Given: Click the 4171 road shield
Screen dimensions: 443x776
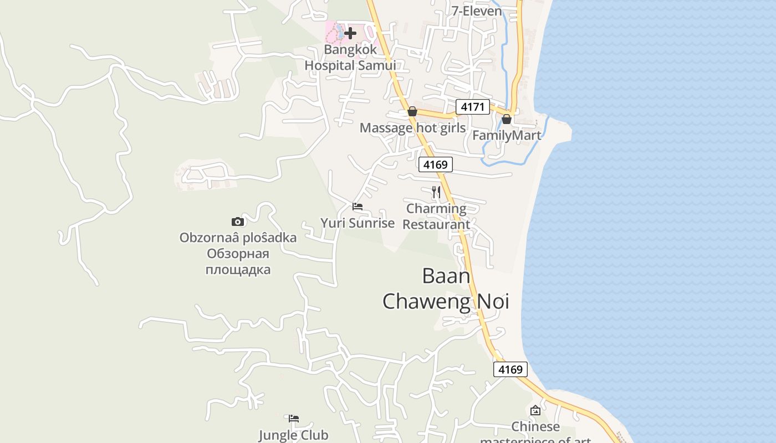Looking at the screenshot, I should click(x=473, y=106).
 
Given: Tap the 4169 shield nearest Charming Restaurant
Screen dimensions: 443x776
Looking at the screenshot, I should click(x=435, y=164).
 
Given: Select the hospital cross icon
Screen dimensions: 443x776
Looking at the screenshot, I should click(x=350, y=33).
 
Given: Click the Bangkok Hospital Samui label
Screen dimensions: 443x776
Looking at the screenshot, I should click(x=350, y=58).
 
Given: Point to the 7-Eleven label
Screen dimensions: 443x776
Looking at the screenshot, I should click(x=477, y=11).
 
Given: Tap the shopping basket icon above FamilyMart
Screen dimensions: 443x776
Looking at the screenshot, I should click(x=507, y=119).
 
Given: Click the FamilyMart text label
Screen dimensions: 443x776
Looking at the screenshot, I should click(x=507, y=135).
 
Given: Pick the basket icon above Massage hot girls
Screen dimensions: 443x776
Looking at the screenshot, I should click(x=412, y=111).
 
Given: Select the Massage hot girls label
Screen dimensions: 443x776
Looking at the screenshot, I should click(x=412, y=128).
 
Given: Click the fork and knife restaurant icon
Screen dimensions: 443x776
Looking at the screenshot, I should click(x=436, y=192).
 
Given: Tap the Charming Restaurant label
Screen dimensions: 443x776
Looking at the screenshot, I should click(x=436, y=217).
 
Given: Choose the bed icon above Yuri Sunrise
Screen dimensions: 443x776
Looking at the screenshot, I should click(x=358, y=207).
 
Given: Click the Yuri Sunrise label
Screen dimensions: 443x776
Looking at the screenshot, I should click(x=358, y=223).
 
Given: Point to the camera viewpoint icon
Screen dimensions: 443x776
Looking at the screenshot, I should click(x=238, y=221).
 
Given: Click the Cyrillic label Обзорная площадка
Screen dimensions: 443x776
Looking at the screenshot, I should click(x=238, y=262).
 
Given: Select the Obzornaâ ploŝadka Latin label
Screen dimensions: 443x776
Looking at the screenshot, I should click(x=238, y=238).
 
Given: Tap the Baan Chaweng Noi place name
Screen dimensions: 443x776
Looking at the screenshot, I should click(x=446, y=289).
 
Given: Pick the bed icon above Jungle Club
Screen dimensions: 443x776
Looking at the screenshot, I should click(x=294, y=419).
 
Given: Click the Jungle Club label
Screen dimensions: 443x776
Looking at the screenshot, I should click(x=294, y=435).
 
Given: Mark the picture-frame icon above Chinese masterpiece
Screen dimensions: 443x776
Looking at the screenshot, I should click(x=535, y=410).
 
